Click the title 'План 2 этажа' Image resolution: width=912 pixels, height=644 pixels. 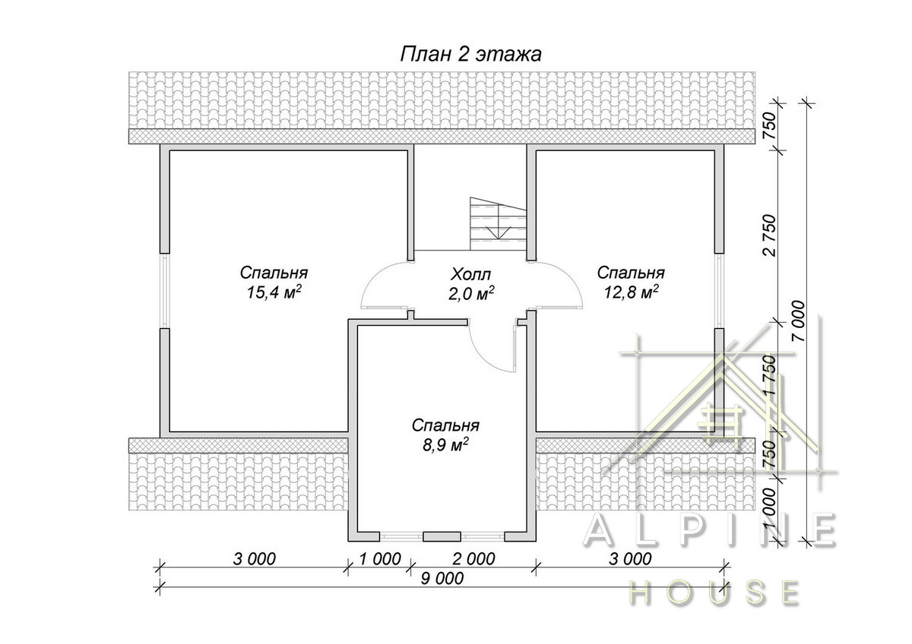pyautogui.click(x=471, y=55)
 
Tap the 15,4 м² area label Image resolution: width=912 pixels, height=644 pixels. pyautogui.click(x=274, y=292)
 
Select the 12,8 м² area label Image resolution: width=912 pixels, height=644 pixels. pyautogui.click(x=631, y=292)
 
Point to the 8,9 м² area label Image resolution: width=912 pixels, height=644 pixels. pyautogui.click(x=445, y=445)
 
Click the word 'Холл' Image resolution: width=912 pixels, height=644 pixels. pyautogui.click(x=470, y=275)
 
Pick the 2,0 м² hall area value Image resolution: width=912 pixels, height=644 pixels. pyautogui.click(x=471, y=294)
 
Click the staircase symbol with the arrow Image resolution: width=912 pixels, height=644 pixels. pyautogui.click(x=498, y=224)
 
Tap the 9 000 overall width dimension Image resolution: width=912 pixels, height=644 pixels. pyautogui.click(x=442, y=579)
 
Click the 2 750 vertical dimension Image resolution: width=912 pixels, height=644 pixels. pyautogui.click(x=771, y=235)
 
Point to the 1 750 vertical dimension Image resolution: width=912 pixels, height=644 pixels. pyautogui.click(x=771, y=375)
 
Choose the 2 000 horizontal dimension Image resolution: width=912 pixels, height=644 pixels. pyautogui.click(x=473, y=559)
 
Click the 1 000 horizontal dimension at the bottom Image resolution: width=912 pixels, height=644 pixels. pyautogui.click(x=380, y=559)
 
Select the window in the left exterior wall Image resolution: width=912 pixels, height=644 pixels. pyautogui.click(x=164, y=291)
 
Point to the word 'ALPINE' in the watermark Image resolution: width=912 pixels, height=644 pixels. pyautogui.click(x=710, y=531)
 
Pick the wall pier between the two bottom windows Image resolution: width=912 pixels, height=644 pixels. pyautogui.click(x=442, y=537)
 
